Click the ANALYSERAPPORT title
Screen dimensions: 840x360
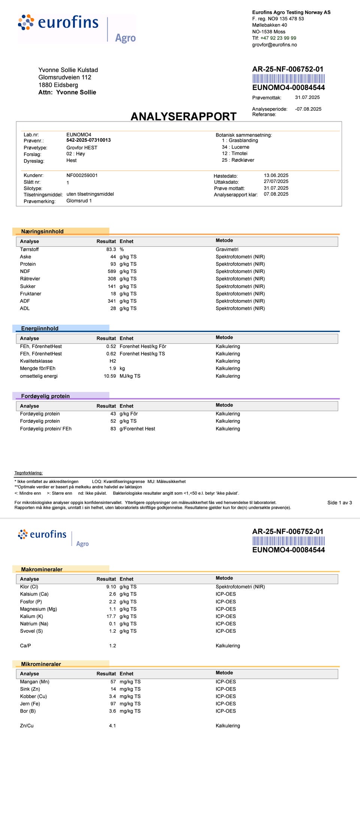[x=183, y=117]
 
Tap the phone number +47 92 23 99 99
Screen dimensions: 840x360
[x=278, y=38]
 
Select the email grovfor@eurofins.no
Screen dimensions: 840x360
[x=274, y=45]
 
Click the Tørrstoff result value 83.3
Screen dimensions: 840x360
[x=111, y=249]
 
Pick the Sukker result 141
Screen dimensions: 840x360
[x=112, y=286]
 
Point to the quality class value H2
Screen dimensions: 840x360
[x=112, y=361]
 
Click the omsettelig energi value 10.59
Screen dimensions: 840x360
[x=110, y=376]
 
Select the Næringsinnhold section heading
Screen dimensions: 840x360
[x=42, y=231]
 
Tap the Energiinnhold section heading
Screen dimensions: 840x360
[x=40, y=328]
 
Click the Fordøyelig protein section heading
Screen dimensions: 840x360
[x=45, y=396]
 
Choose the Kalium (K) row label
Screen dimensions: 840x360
[x=31, y=616]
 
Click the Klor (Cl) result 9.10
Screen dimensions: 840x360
[x=111, y=586]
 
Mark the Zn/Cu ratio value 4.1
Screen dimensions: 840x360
[x=112, y=726]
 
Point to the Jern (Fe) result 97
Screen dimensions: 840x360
[x=113, y=703]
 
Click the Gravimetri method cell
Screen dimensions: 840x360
[x=227, y=249]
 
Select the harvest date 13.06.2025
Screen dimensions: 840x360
[x=276, y=175]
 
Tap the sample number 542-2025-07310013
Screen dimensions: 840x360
[x=88, y=140]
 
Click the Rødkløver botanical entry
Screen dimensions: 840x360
[x=243, y=160]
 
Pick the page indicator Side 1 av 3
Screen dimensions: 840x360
[x=339, y=502]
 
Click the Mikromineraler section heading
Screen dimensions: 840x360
[x=41, y=664]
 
